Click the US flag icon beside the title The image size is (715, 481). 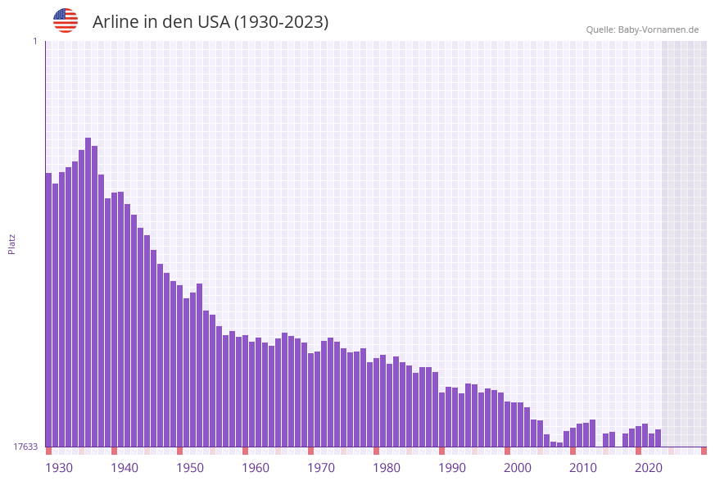click(66, 20)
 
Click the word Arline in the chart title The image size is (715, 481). click(115, 22)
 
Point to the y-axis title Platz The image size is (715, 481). click(12, 243)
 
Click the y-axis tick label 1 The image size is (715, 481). click(34, 41)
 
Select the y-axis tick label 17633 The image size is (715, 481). click(25, 447)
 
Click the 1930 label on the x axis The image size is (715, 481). click(59, 468)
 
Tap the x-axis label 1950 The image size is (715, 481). click(190, 468)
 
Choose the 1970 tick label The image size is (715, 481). click(321, 468)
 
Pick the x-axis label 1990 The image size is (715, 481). click(452, 468)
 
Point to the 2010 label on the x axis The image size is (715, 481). click(583, 468)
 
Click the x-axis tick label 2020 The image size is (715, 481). click(649, 468)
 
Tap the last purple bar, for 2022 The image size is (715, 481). click(658, 438)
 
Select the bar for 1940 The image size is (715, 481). click(115, 320)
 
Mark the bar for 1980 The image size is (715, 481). click(377, 402)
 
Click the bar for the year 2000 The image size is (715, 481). click(508, 424)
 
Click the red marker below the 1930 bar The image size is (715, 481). click(49, 451)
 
